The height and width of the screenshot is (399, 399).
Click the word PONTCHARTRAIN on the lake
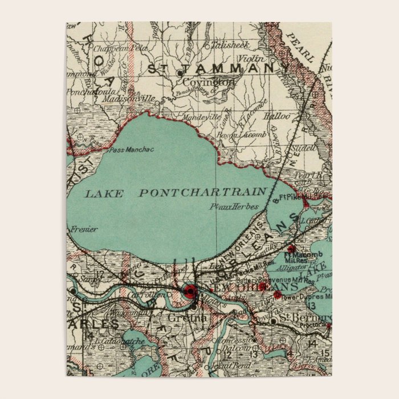tap(203, 192)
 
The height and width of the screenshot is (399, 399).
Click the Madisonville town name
tap(129, 98)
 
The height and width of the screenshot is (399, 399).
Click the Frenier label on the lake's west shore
tap(84, 229)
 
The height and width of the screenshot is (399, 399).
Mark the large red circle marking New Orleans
tap(189, 292)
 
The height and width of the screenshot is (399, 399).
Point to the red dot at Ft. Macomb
tap(291, 249)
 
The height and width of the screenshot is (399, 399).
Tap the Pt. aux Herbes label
tap(234, 206)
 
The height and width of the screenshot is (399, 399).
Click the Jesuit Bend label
tap(223, 365)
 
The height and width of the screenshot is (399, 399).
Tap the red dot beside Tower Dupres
tap(277, 295)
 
